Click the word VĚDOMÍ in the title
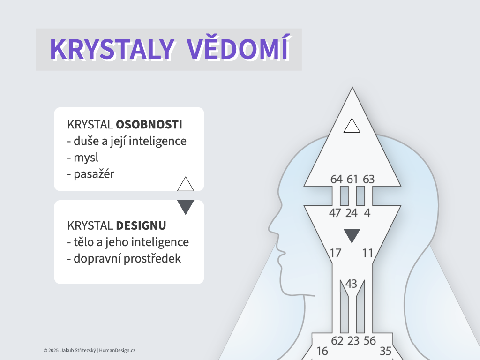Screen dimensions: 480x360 [238, 48]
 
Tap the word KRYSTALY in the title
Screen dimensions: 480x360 [112, 49]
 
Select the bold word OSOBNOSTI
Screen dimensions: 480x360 [149, 125]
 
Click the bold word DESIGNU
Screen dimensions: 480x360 [141, 225]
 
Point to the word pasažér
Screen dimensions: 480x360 [94, 174]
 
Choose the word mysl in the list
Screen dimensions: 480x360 [86, 158]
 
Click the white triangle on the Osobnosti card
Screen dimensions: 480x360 [186, 184]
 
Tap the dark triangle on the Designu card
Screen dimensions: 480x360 [186, 207]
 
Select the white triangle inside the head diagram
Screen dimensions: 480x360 [352, 126]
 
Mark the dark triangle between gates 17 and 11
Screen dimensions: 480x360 [352, 236]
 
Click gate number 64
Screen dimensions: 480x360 [337, 179]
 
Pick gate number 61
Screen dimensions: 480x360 [352, 179]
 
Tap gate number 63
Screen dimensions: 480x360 [368, 179]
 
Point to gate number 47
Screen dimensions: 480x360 [335, 213]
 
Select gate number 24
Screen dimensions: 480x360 [351, 213]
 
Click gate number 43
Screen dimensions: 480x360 [351, 284]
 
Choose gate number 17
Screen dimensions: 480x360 [336, 253]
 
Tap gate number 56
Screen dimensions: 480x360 [369, 341]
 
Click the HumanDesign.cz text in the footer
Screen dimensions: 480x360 [117, 350]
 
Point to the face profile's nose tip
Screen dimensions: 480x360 [269, 228]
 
